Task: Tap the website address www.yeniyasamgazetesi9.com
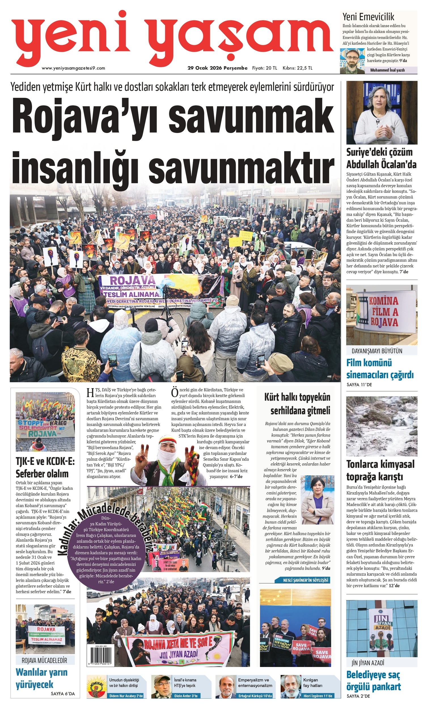point(73,68)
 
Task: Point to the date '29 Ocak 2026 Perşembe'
point(217,68)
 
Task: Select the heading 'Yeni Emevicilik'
point(368,17)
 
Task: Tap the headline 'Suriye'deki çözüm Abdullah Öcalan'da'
point(382,158)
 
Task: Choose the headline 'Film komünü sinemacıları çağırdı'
point(380,369)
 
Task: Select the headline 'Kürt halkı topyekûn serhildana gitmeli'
point(297,404)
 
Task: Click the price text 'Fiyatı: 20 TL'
point(264,68)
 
